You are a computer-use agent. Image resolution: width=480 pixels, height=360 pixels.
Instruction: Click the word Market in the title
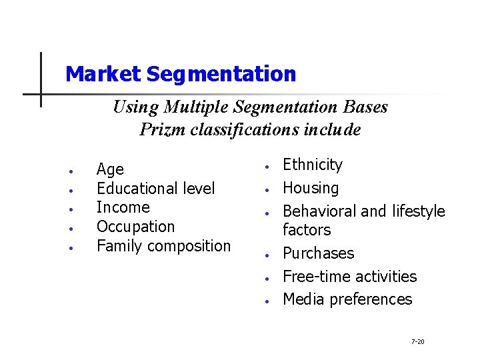[x=103, y=74]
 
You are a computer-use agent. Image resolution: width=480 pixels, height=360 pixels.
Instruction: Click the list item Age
[x=110, y=170]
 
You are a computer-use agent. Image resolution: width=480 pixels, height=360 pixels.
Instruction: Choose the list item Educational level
[x=155, y=189]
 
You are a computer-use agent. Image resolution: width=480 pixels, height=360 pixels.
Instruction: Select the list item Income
[x=123, y=207]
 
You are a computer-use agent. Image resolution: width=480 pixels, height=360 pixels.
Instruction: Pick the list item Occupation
[x=135, y=227]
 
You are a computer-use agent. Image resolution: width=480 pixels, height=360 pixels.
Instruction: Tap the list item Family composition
[x=163, y=245]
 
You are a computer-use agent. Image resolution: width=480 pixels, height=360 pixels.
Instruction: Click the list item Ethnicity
[x=312, y=165]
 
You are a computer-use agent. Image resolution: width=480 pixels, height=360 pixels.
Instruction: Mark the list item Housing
[x=311, y=188]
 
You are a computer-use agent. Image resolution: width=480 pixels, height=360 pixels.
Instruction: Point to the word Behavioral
[x=319, y=211]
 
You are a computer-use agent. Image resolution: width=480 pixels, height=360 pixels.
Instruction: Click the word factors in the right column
[x=306, y=230]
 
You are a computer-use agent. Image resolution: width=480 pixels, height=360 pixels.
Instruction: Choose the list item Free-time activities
[x=349, y=276]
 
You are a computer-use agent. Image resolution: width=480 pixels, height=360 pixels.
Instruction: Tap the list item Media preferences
[x=347, y=299]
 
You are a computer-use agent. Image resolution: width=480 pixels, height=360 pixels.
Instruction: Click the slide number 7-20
[x=417, y=341]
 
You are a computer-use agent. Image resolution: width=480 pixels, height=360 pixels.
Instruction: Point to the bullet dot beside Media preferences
[x=266, y=301]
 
